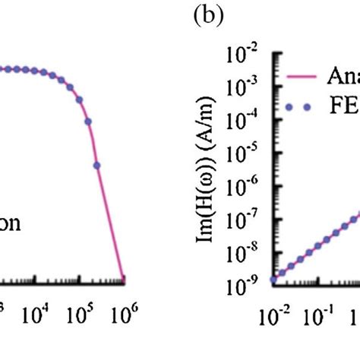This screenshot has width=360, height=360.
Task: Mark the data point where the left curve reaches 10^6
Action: tap(124, 279)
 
